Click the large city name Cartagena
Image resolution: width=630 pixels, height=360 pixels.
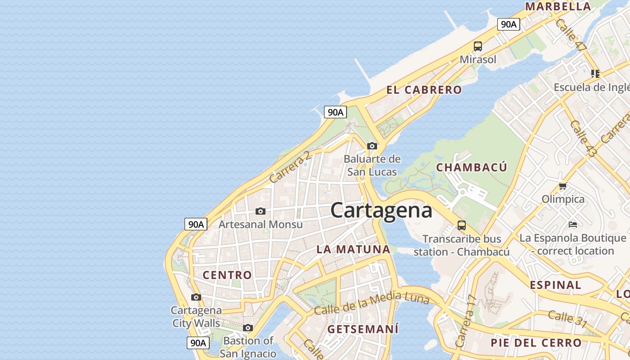pyautogui.click(x=381, y=211)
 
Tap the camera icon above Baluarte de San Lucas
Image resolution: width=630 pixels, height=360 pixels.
pyautogui.click(x=372, y=146)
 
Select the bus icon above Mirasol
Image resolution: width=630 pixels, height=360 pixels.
pyautogui.click(x=477, y=46)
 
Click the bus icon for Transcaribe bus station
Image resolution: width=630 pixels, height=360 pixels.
pyautogui.click(x=461, y=225)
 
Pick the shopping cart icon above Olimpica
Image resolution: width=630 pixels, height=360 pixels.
pyautogui.click(x=562, y=186)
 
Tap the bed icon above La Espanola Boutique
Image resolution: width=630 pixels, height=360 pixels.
pyautogui.click(x=572, y=224)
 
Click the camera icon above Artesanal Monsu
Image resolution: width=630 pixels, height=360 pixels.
pyautogui.click(x=260, y=211)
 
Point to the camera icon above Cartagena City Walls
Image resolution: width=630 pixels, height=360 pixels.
pyautogui.click(x=196, y=297)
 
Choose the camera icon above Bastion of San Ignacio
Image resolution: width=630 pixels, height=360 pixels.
pyautogui.click(x=248, y=328)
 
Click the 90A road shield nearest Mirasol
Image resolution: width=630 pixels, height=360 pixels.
pyautogui.click(x=508, y=24)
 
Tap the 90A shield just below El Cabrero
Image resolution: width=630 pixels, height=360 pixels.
pyautogui.click(x=335, y=112)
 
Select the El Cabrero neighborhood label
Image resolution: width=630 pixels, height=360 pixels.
pyautogui.click(x=424, y=90)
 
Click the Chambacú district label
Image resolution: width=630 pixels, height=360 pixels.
pyautogui.click(x=472, y=167)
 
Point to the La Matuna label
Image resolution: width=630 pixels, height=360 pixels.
pyautogui.click(x=353, y=249)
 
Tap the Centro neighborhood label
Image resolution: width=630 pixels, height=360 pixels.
pyautogui.click(x=227, y=275)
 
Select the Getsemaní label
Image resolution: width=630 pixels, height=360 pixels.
pyautogui.click(x=363, y=329)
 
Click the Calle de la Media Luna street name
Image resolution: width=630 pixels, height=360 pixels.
pyautogui.click(x=371, y=303)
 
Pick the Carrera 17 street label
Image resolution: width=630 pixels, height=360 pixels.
pyautogui.click(x=466, y=321)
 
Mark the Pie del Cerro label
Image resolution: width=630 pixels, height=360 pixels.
pyautogui.click(x=536, y=342)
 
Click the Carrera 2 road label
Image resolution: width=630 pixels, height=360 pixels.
pyautogui.click(x=290, y=167)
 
